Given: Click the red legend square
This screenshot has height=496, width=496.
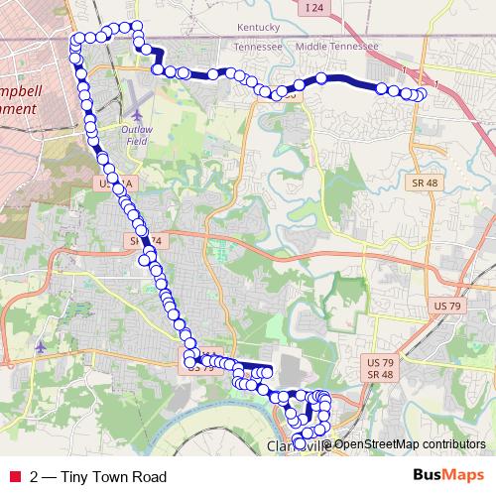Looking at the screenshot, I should pyautogui.click(x=13, y=476).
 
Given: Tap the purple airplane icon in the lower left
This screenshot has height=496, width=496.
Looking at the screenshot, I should pyautogui.click(x=40, y=347).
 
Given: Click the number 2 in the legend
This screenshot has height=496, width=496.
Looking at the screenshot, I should pyautogui.click(x=35, y=476).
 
